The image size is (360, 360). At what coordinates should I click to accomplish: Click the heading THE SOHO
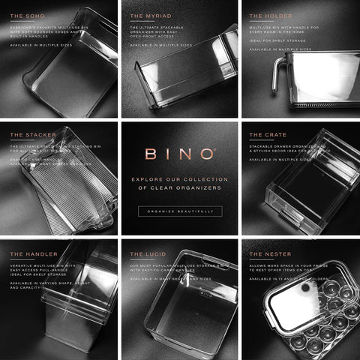tap(27, 16)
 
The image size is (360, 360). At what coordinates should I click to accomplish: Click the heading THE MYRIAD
tap(148, 16)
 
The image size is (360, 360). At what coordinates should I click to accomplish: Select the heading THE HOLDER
tap(267, 16)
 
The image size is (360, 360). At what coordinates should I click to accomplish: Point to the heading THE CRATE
tap(265, 135)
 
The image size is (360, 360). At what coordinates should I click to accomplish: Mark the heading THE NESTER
tap(267, 254)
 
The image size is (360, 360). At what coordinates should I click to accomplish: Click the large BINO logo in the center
tap(180, 155)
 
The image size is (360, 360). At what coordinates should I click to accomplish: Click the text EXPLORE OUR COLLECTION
tap(180, 179)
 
